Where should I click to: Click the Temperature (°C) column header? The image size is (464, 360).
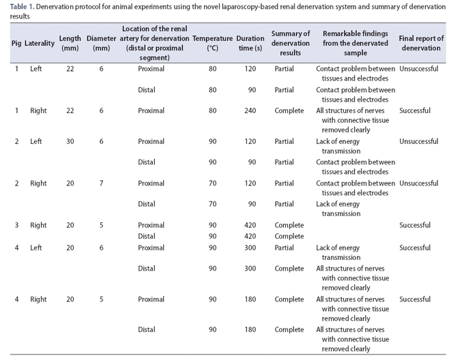212,43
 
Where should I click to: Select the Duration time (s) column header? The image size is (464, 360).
250,43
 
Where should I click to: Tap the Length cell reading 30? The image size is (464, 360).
70,141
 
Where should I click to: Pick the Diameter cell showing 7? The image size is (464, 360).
101,183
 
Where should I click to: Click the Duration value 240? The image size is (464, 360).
250,110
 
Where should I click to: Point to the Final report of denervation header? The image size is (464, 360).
421,43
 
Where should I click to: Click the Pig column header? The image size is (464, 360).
16,43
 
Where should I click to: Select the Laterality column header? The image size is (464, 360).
40,43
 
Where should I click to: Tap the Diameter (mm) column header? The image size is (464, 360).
101,43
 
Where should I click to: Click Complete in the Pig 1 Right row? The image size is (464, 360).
289,110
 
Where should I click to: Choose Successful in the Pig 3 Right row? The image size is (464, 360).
415,225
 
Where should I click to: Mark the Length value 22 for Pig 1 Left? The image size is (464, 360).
70,69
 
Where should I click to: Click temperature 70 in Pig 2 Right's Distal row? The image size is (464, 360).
212,204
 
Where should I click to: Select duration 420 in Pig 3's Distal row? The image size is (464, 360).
250,236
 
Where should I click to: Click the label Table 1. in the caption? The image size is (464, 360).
23,7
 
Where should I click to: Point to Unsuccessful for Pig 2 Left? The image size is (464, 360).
419,141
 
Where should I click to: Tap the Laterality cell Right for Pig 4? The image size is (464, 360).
38,299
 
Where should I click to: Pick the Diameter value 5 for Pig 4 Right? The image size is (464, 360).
101,299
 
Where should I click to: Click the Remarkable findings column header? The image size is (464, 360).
356,43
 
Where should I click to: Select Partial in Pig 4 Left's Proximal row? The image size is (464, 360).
284,247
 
